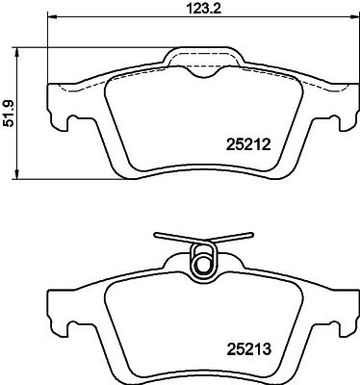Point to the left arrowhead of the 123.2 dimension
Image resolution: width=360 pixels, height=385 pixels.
pos(51,17)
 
